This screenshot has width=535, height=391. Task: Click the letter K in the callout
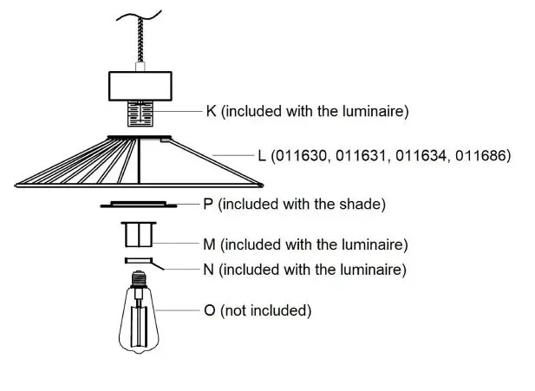(212, 111)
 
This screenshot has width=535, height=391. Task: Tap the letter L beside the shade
(262, 156)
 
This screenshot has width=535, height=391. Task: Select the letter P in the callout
(207, 205)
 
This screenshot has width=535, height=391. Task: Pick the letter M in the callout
(209, 245)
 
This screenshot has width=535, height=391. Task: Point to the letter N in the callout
(208, 270)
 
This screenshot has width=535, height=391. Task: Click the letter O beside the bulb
(209, 310)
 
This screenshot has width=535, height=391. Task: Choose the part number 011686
(480, 156)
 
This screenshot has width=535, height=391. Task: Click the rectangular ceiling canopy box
(141, 86)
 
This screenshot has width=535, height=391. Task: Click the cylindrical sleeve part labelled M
(139, 236)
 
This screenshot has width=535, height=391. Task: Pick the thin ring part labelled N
(139, 260)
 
